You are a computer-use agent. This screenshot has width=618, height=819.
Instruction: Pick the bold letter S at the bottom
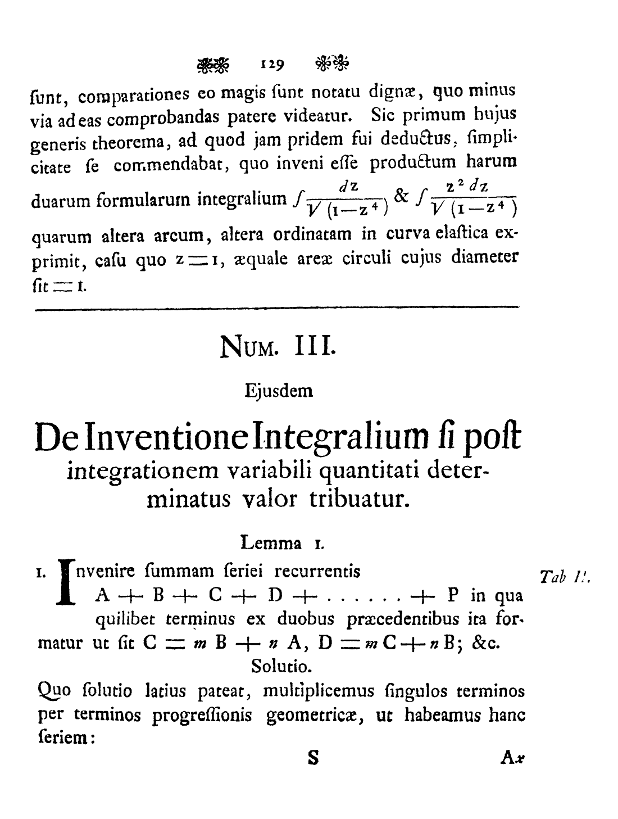point(313,758)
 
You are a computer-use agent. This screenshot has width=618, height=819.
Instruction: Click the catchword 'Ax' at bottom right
point(512,759)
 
